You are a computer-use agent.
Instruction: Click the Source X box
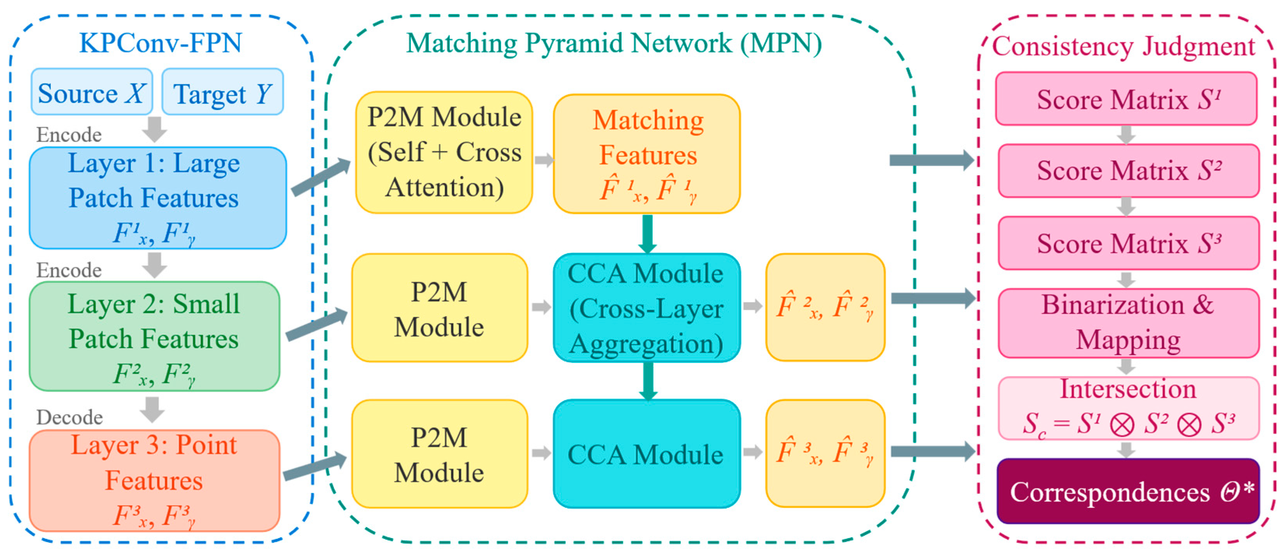[x=92, y=92]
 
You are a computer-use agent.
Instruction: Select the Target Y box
[x=223, y=92]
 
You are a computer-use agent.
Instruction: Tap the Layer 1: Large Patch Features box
[x=158, y=198]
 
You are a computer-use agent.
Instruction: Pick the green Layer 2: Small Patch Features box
[x=154, y=336]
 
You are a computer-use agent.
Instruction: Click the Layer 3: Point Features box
[x=154, y=481]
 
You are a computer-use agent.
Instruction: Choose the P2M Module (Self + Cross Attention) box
[x=444, y=152]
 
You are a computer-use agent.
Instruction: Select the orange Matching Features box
[x=646, y=154]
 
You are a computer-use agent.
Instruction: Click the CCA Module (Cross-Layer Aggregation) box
[x=646, y=308]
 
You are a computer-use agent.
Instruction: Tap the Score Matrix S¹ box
[x=1126, y=98]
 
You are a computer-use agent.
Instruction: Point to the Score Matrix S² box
[x=1128, y=171]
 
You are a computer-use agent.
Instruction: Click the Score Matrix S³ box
[x=1128, y=243]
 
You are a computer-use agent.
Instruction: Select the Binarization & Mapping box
[x=1128, y=323]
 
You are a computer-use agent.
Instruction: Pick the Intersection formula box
[x=1128, y=408]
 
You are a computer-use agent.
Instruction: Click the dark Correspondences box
[x=1128, y=491]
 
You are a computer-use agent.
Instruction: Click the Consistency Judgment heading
[x=1123, y=46]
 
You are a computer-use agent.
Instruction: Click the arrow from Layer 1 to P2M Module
[x=321, y=177]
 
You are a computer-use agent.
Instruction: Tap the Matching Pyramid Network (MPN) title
[x=614, y=44]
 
